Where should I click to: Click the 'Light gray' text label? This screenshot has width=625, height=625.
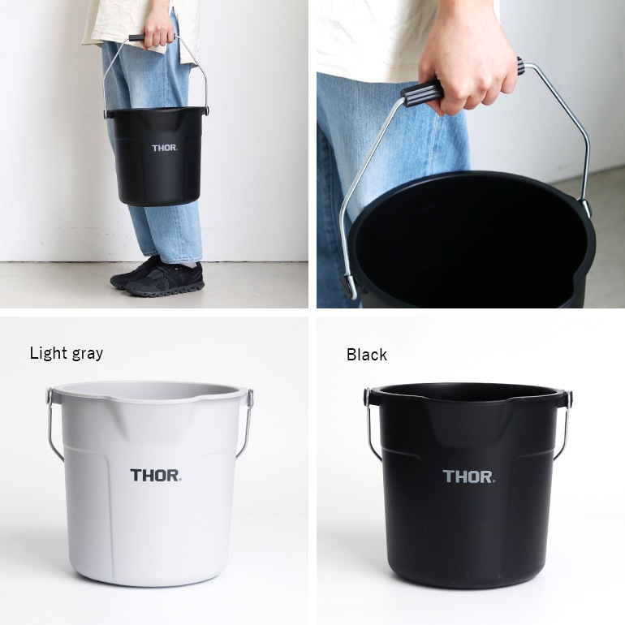pyautogui.click(x=67, y=353)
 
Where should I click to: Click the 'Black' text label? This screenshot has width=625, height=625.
pyautogui.click(x=367, y=355)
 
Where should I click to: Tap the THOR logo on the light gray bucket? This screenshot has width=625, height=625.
pyautogui.click(x=154, y=476)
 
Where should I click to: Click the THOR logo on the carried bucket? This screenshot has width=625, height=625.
pyautogui.click(x=164, y=148)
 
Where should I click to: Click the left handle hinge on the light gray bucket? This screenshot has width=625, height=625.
pyautogui.click(x=50, y=398)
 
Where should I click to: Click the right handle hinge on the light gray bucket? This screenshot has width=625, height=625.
pyautogui.click(x=250, y=398)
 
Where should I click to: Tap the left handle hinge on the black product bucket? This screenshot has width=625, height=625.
pyautogui.click(x=367, y=398)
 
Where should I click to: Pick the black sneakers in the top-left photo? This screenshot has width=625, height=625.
pyautogui.click(x=158, y=278)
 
